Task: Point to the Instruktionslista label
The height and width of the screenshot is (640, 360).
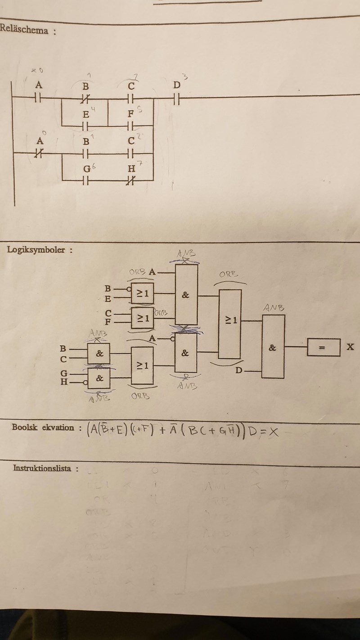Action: click(x=42, y=468)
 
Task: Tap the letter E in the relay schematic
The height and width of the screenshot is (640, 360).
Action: click(x=85, y=114)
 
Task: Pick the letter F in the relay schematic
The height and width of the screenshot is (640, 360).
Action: click(x=130, y=114)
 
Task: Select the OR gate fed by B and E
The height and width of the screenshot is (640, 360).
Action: click(x=143, y=294)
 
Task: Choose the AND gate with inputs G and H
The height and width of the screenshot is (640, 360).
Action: click(x=99, y=379)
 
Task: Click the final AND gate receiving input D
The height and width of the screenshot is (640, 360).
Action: click(x=273, y=347)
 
